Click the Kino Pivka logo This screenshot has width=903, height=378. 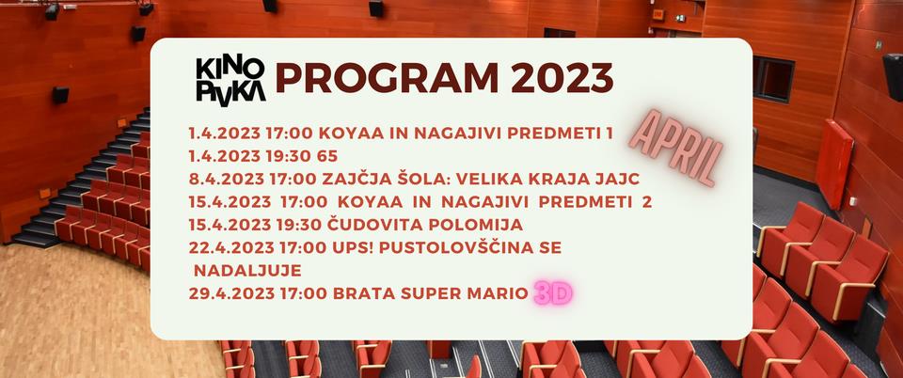(x=230, y=82)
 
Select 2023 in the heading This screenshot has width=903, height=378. (x=562, y=78)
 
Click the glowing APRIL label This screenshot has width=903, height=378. (x=675, y=146)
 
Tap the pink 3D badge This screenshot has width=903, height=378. (x=553, y=294)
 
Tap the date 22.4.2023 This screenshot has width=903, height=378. (x=232, y=248)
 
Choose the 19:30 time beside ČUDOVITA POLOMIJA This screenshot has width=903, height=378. (x=293, y=225)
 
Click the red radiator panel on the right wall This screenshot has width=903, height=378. (x=834, y=164)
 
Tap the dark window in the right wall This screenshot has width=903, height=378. (x=773, y=79)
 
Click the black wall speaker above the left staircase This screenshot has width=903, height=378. (x=60, y=95)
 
